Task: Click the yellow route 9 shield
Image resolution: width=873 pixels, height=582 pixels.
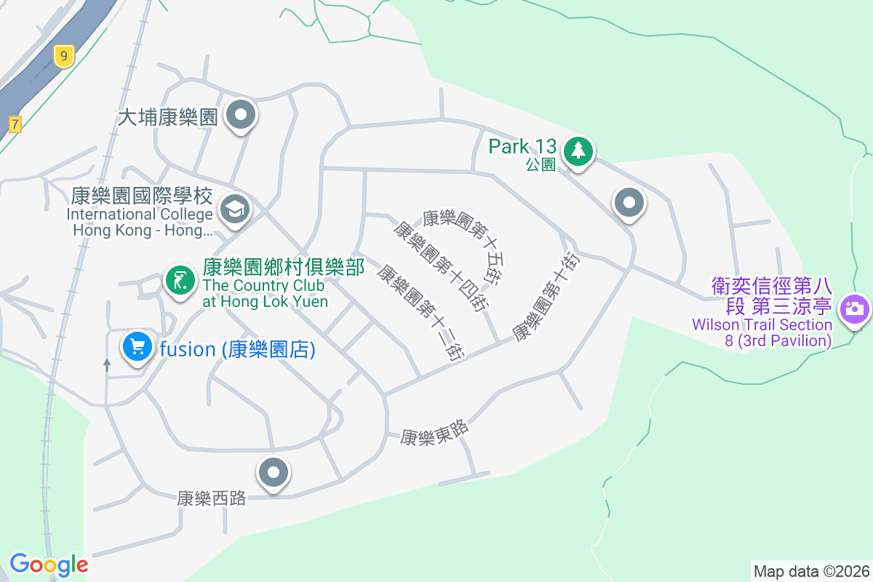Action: tap(64, 55)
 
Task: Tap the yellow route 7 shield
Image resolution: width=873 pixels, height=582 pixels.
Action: tap(15, 124)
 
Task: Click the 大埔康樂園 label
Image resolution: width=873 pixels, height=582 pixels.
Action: tap(168, 117)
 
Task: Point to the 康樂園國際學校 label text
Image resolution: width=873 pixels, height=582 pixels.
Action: tap(142, 196)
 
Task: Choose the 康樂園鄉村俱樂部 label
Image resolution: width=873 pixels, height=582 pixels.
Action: tap(284, 268)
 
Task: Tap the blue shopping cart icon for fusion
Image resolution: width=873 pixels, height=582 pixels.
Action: tap(137, 346)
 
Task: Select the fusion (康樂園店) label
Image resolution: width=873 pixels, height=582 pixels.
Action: tap(237, 350)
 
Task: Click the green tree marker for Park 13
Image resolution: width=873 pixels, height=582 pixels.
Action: tap(578, 151)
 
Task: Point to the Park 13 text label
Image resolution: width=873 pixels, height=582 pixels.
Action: tap(522, 146)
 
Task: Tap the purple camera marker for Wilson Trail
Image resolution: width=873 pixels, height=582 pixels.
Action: tap(854, 308)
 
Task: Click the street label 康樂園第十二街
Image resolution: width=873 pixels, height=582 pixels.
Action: tap(420, 311)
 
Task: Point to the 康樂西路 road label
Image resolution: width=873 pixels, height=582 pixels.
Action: tap(211, 498)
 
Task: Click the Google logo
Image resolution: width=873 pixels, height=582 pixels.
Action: tap(49, 564)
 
